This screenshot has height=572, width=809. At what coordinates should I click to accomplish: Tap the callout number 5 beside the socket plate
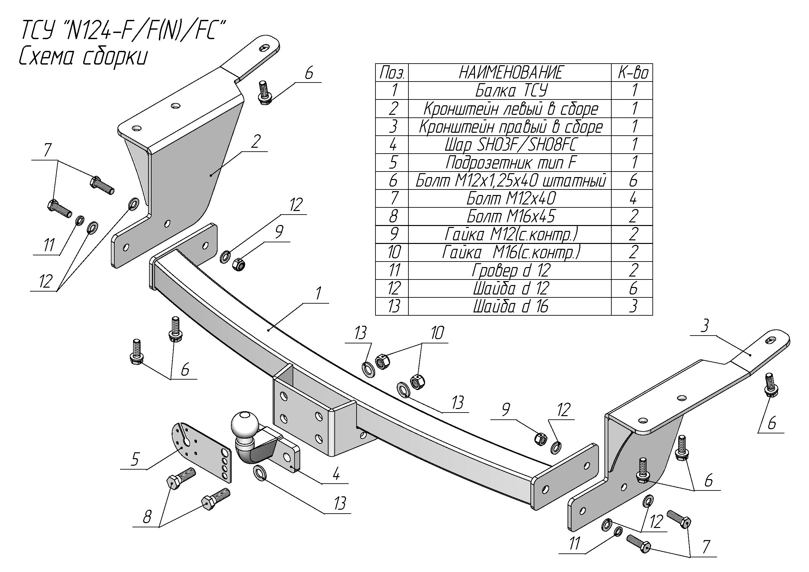(x=135, y=459)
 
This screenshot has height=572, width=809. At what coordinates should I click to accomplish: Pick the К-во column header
(x=633, y=72)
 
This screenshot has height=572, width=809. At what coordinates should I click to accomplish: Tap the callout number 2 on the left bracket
(x=255, y=142)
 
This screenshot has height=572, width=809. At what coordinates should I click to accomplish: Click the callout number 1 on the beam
(x=318, y=294)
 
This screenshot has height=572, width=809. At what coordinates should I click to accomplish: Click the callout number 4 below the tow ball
(x=336, y=474)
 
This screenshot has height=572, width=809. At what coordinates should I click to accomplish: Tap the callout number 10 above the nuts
(x=437, y=333)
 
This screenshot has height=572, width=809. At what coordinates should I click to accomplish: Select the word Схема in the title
(x=46, y=57)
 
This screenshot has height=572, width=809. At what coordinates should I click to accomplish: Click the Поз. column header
(x=392, y=72)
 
